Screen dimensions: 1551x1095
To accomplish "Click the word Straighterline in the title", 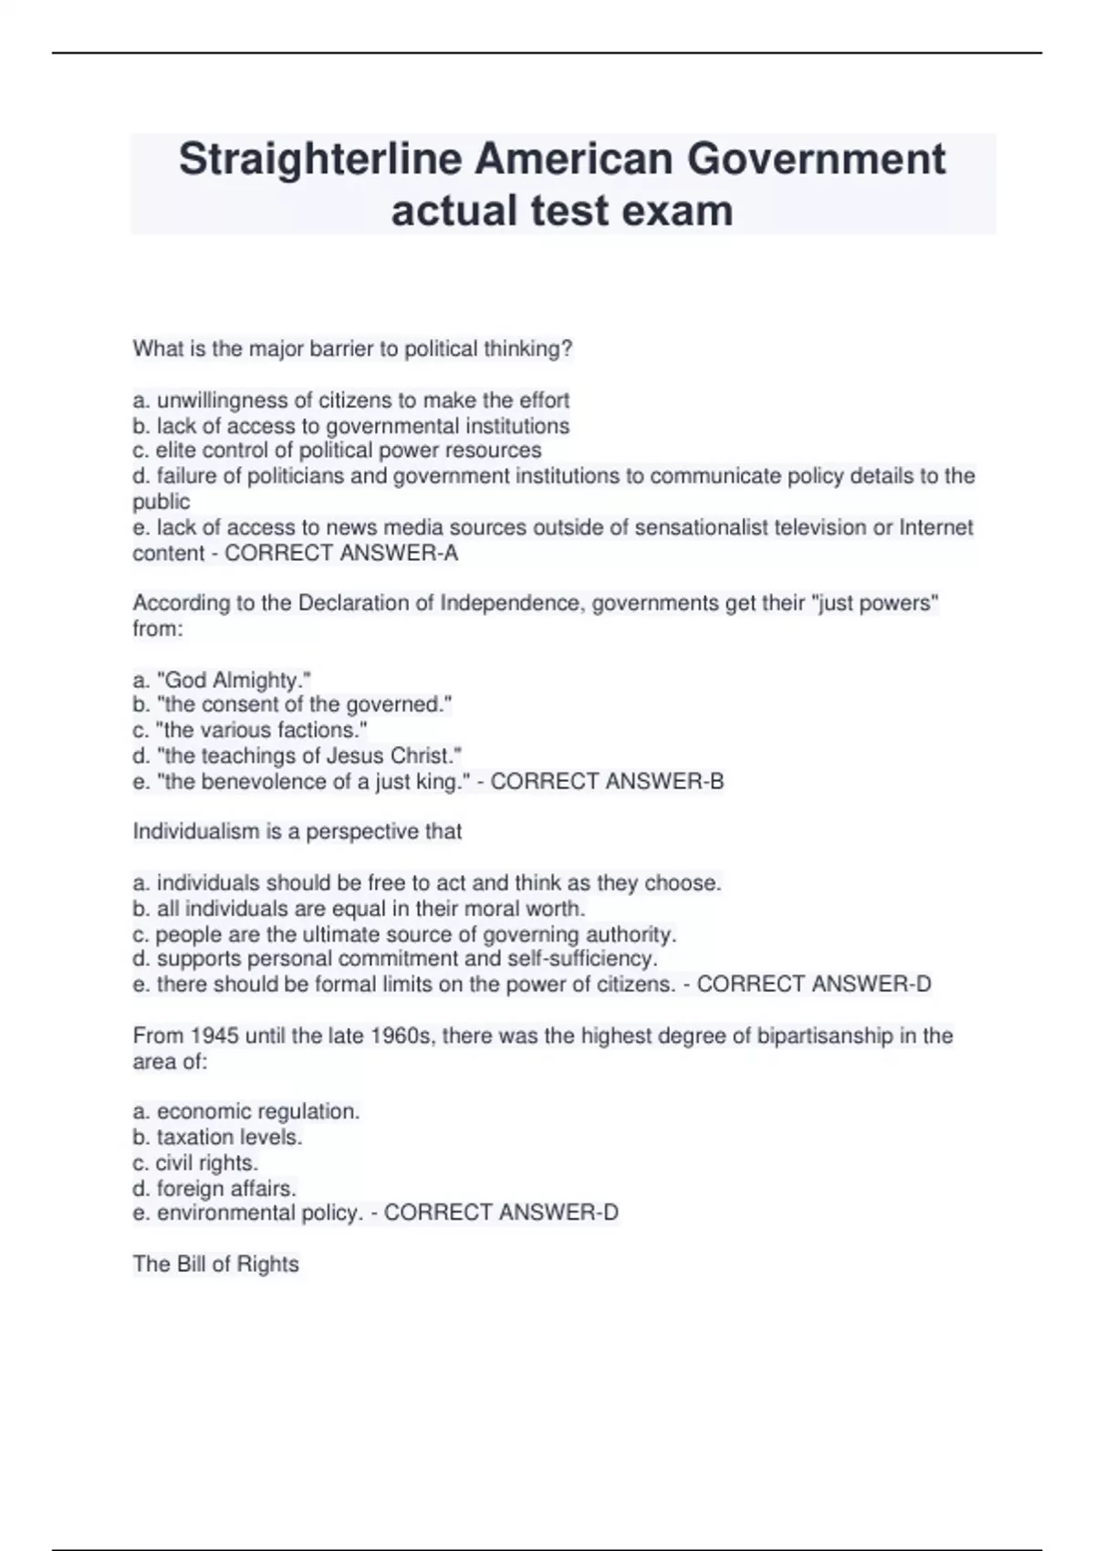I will pyautogui.click(x=320, y=160).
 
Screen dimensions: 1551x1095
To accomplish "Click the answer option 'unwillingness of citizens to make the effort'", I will pyautogui.click(x=362, y=401).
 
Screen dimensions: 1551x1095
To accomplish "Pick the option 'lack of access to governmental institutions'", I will pyautogui.click(x=362, y=426).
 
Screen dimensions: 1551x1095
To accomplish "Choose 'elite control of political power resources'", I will pyautogui.click(x=348, y=451).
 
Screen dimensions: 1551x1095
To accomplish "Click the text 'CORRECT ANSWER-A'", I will pyautogui.click(x=341, y=553).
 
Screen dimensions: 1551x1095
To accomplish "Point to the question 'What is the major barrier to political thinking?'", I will pyautogui.click(x=352, y=349).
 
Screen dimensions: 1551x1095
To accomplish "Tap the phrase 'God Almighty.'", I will pyautogui.click(x=234, y=680).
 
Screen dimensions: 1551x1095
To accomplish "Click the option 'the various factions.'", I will pyautogui.click(x=261, y=730).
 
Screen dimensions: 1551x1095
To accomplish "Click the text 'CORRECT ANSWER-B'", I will pyautogui.click(x=607, y=781).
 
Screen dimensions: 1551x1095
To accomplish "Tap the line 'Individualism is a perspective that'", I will pyautogui.click(x=297, y=831).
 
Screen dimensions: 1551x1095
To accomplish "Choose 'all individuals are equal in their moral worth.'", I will pyautogui.click(x=370, y=909).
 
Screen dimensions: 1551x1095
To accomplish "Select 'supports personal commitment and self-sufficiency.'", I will pyautogui.click(x=406, y=959).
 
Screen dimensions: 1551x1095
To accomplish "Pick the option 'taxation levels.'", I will pyautogui.click(x=229, y=1137).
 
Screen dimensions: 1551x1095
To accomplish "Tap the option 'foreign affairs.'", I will pyautogui.click(x=226, y=1188).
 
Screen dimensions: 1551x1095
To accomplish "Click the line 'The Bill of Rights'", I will pyautogui.click(x=216, y=1264).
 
